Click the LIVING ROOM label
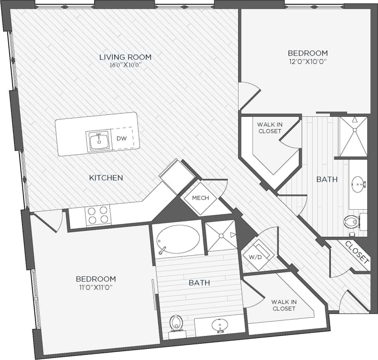tap(125, 57)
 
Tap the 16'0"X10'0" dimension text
tap(125, 66)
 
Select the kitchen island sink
tap(97, 141)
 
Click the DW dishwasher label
tap(121, 138)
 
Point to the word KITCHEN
tap(106, 178)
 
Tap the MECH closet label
tap(200, 198)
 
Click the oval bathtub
tap(178, 239)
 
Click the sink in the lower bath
tap(219, 324)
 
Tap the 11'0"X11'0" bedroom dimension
tap(96, 288)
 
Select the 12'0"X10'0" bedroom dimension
tap(308, 62)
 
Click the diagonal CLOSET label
tap(356, 252)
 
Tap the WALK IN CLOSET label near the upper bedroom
tap(270, 128)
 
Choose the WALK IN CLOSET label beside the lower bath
tap(284, 305)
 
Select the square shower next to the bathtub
tap(220, 235)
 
